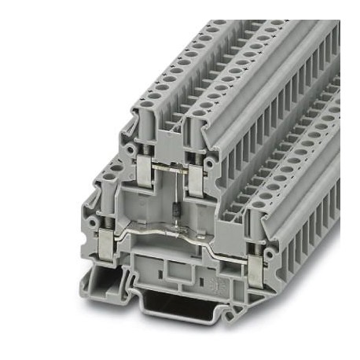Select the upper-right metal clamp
click(195, 177)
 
